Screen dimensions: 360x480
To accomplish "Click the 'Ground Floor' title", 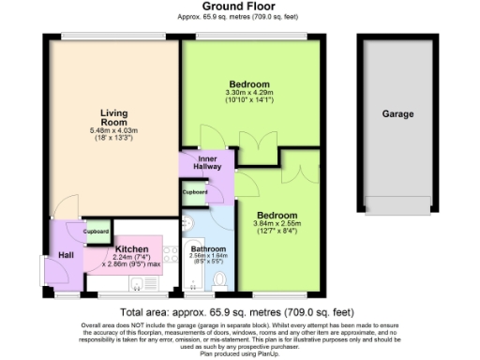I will (240, 6).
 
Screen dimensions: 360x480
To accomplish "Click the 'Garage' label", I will (397, 113).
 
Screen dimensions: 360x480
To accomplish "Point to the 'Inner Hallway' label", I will (207, 162).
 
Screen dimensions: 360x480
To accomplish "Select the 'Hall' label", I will (66, 254).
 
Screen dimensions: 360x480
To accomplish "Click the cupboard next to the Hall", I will (97, 231).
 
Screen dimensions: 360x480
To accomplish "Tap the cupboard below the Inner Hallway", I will (195, 191).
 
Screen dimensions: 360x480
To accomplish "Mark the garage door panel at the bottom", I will (397, 204).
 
